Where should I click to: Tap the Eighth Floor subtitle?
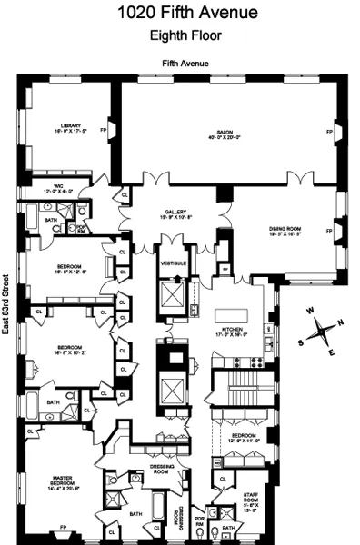tap(179, 36)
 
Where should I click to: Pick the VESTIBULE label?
tap(173, 263)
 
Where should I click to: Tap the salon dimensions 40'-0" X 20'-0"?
tap(225, 138)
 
